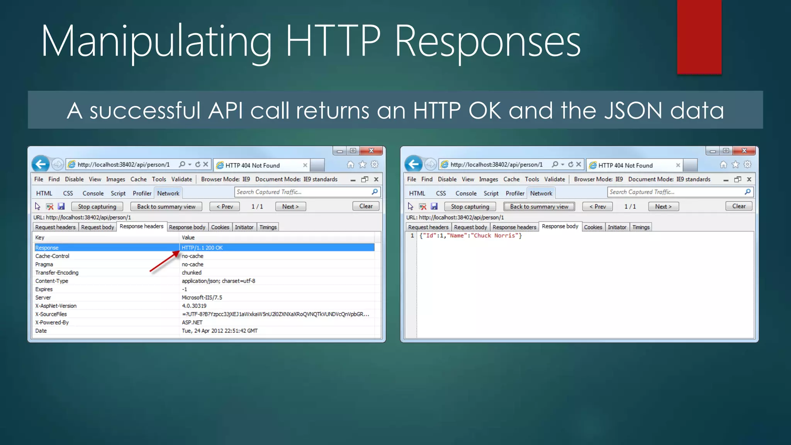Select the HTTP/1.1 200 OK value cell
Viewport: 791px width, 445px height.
pyautogui.click(x=202, y=248)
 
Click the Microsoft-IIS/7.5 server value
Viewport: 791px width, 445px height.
pyautogui.click(x=202, y=297)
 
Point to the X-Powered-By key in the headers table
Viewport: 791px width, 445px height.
pyautogui.click(x=52, y=323)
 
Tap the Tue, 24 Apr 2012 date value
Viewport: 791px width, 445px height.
pyautogui.click(x=219, y=331)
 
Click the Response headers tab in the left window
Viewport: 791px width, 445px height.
pyautogui.click(x=141, y=226)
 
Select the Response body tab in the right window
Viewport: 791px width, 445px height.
pyautogui.click(x=560, y=226)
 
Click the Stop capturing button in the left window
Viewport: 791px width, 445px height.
pyautogui.click(x=97, y=207)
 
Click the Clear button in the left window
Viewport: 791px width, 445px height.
pyautogui.click(x=366, y=206)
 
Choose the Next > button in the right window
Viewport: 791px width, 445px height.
pyautogui.click(x=663, y=207)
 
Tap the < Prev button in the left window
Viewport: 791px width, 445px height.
pyautogui.click(x=224, y=207)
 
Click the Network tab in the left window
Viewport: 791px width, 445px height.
pyautogui.click(x=168, y=193)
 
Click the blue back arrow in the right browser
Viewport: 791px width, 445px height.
pyautogui.click(x=413, y=165)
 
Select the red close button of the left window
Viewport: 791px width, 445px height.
pyautogui.click(x=371, y=151)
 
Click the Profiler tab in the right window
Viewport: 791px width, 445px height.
pyautogui.click(x=515, y=193)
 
